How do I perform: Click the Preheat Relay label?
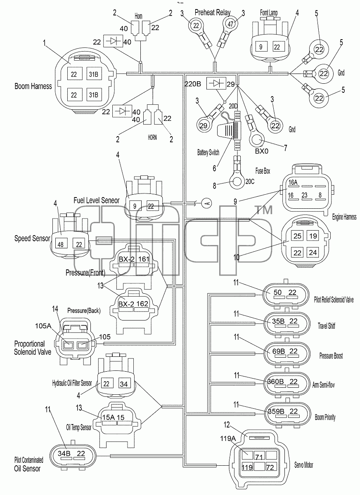213,13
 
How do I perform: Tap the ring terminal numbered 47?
230,24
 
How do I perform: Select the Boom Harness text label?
33,86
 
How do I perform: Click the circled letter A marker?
207,203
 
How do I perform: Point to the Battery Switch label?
208,153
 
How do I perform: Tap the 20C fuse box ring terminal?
237,181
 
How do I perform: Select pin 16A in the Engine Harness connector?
293,182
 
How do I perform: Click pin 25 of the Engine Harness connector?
297,236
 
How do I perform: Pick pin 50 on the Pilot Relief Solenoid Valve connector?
277,292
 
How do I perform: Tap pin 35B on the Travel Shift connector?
278,321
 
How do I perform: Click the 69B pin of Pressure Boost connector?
279,351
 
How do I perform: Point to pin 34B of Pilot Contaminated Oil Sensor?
64,454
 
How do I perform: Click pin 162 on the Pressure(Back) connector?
142,304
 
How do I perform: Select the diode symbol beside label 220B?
216,83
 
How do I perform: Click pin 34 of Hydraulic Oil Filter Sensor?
124,384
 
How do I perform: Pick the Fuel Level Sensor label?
97,200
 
